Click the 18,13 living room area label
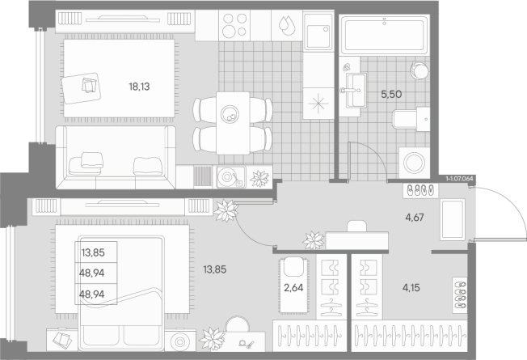[x=139, y=87]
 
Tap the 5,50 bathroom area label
[x=391, y=94]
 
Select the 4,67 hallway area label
[x=415, y=218]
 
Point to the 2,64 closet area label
[x=293, y=288]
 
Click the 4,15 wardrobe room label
[x=411, y=288]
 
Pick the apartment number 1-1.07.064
[x=459, y=179]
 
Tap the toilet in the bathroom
[x=411, y=119]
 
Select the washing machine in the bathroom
[x=414, y=163]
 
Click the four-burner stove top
[x=234, y=26]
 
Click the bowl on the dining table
[x=230, y=114]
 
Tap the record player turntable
[x=231, y=177]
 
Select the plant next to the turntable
[x=259, y=178]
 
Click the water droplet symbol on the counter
[x=287, y=26]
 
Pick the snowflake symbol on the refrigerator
[x=318, y=104]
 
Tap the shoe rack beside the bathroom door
[x=420, y=190]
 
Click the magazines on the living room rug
[x=89, y=86]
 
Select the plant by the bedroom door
[x=226, y=211]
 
